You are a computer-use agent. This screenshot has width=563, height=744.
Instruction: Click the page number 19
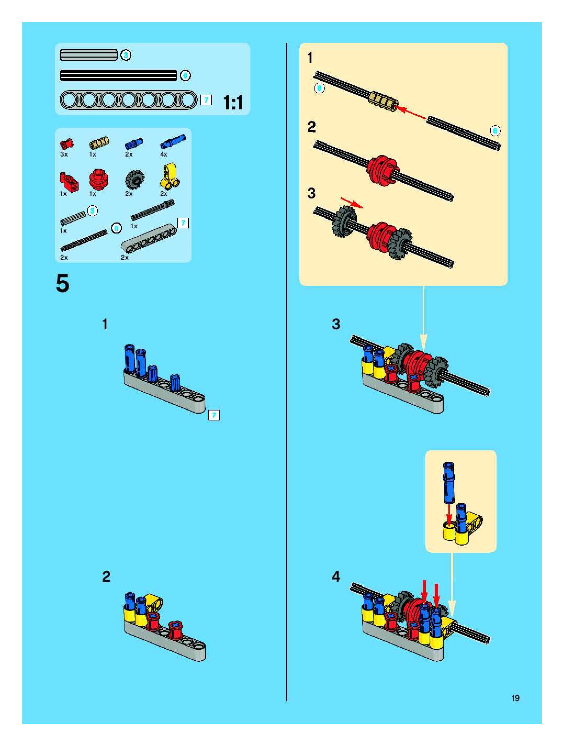(515, 698)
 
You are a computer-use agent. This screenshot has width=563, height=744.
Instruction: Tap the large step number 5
(63, 284)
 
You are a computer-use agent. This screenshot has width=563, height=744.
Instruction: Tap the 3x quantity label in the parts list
(64, 154)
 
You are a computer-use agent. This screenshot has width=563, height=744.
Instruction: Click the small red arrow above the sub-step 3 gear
(352, 203)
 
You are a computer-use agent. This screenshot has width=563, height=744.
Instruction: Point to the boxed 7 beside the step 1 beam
(214, 415)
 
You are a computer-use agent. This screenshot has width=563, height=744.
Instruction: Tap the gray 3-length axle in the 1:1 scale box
(88, 55)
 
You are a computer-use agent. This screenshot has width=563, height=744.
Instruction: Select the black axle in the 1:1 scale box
(118, 75)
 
